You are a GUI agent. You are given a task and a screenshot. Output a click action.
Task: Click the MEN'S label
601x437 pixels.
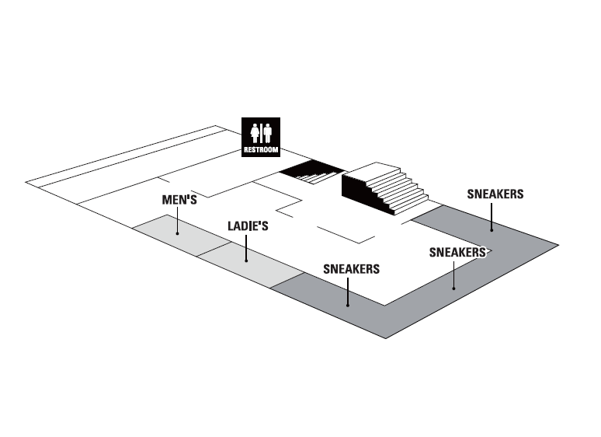[179, 200]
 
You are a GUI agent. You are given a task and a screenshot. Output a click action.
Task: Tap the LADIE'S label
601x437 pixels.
[248, 226]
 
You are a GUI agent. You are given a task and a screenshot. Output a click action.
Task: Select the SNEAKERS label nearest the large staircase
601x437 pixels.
[495, 194]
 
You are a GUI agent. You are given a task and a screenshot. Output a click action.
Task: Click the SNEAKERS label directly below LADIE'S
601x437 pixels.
[351, 269]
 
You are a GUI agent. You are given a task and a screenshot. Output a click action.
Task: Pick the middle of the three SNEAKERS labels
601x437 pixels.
[457, 252]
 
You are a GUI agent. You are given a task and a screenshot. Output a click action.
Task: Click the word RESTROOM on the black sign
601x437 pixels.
[260, 150]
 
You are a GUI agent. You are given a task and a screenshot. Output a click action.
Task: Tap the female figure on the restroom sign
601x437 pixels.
[253, 133]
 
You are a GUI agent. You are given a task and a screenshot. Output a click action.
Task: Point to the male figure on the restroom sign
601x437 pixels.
[268, 133]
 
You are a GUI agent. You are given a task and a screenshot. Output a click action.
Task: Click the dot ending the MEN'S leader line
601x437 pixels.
[178, 232]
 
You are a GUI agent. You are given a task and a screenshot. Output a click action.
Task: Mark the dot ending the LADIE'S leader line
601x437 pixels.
[247, 260]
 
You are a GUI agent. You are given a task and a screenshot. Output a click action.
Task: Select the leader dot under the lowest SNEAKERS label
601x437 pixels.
[349, 305]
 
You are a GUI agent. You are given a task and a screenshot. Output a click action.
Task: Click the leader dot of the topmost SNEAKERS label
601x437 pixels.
[492, 229]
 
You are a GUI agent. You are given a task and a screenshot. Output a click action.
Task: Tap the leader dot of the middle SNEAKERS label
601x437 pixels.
[454, 287]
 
